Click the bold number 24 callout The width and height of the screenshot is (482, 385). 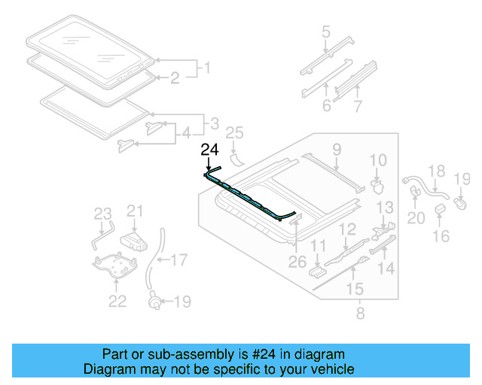click(x=210, y=149)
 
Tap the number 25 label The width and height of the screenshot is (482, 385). click(x=236, y=133)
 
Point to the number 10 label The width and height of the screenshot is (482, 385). click(x=378, y=159)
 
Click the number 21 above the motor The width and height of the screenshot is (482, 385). click(x=135, y=211)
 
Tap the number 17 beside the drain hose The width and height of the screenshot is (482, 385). click(x=178, y=261)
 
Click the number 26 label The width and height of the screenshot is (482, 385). click(x=297, y=262)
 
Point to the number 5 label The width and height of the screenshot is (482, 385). click(x=325, y=32)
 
